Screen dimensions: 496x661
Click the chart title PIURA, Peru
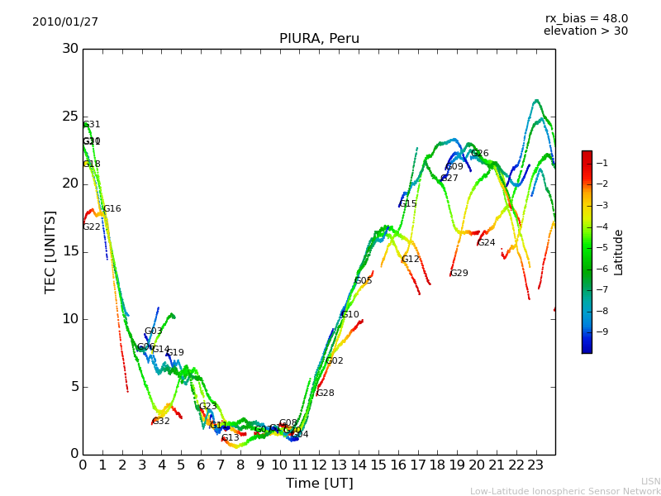(319, 39)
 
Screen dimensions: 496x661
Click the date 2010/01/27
(65, 22)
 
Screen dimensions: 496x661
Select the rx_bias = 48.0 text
(586, 18)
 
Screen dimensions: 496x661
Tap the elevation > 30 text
(586, 31)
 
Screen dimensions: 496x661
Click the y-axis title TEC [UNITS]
(50, 251)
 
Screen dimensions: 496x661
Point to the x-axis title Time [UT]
(319, 484)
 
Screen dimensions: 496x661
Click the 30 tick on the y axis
(70, 49)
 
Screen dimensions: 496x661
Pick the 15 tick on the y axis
(70, 251)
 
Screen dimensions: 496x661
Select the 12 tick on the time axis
(320, 465)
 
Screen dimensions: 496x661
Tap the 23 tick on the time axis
(536, 465)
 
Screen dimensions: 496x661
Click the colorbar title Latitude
(619, 252)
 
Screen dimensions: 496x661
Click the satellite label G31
(92, 125)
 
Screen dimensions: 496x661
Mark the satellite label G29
(459, 274)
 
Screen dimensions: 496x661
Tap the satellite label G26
(479, 154)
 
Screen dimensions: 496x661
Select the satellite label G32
(160, 422)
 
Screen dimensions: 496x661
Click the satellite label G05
(363, 281)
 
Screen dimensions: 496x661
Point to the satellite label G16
(112, 209)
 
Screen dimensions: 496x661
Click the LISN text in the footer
(650, 481)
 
